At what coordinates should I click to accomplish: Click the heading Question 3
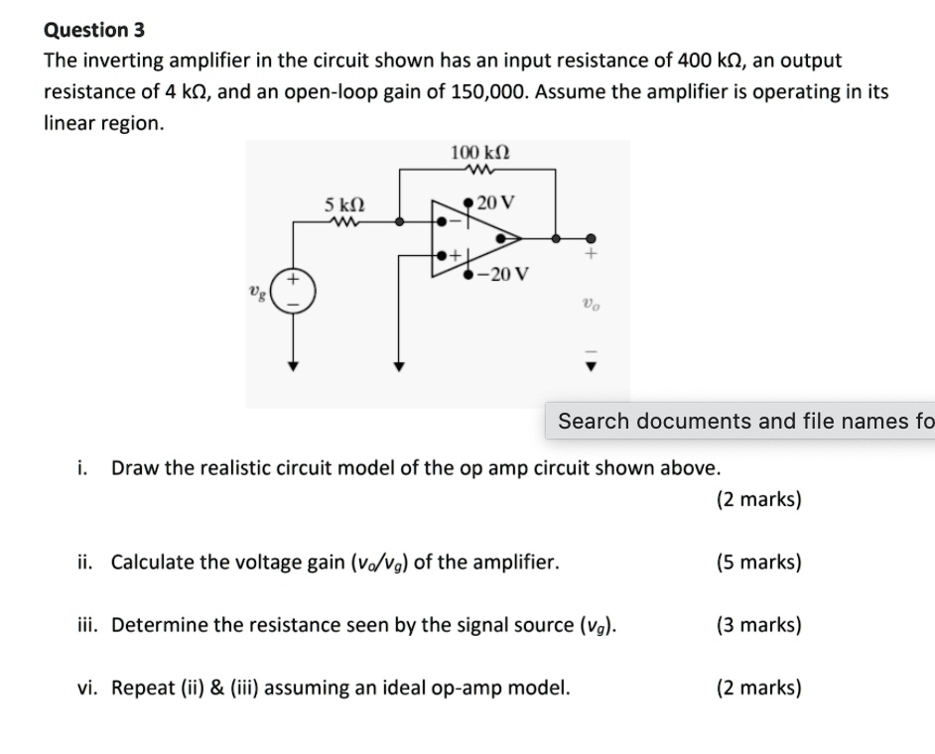94,30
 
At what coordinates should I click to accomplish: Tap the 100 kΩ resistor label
480,153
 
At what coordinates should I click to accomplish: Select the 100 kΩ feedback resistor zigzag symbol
479,170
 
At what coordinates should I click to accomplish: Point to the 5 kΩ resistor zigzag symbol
345,222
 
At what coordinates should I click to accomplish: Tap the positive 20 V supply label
495,203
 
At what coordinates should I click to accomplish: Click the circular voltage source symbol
294,292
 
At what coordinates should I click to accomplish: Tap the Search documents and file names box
739,421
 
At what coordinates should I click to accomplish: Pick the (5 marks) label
758,563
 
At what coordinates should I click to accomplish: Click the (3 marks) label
758,625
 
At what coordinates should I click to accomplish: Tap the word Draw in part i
134,467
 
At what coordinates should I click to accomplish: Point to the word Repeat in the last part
144,688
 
